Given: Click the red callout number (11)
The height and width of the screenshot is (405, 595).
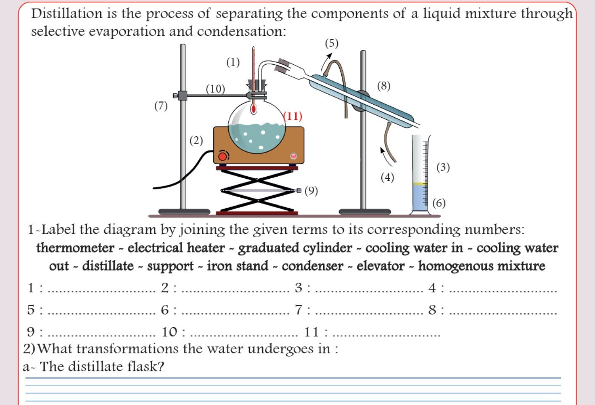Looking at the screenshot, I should [293, 116].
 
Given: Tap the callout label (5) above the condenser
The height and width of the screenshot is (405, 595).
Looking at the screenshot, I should [331, 43].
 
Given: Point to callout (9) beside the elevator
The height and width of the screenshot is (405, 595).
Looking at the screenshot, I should [311, 191].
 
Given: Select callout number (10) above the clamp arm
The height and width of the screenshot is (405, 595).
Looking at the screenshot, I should [215, 89].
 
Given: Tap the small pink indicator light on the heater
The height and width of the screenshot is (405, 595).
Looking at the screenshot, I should [294, 156].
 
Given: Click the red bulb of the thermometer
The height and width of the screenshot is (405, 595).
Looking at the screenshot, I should [253, 109].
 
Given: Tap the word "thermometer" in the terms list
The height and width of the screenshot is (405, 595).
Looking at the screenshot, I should [75, 248].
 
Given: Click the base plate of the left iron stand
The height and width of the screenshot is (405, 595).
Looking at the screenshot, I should [184, 212].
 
